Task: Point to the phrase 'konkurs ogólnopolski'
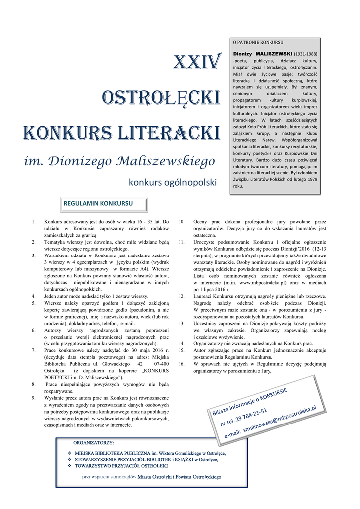[173, 182]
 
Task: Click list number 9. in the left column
[33, 398]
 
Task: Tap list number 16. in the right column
[182, 364]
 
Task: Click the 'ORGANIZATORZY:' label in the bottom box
[93, 442]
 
